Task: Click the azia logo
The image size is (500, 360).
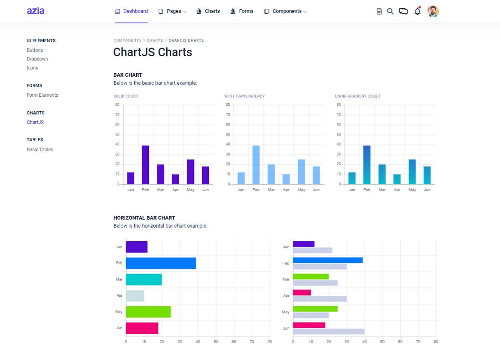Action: point(35,11)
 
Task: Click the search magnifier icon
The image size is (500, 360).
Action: point(390,11)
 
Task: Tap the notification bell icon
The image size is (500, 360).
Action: point(417,11)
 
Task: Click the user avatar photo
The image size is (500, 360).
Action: point(433,11)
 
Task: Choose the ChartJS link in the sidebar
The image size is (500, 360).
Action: point(35,122)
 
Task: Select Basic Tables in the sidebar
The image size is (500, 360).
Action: point(40,150)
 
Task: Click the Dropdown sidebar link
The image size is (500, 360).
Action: point(37,59)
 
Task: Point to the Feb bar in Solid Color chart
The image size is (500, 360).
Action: point(145,165)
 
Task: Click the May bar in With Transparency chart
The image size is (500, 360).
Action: point(301,172)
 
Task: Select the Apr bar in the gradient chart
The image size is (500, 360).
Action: point(397,179)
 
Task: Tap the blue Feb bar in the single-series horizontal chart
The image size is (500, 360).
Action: point(161,263)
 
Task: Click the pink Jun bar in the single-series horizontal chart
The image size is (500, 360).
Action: point(142,328)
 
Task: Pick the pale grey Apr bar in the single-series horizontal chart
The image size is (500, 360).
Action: point(135,296)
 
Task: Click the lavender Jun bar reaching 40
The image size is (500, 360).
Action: point(329,332)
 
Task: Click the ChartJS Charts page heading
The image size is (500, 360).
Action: point(152,52)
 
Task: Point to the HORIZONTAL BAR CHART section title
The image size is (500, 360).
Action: point(144,217)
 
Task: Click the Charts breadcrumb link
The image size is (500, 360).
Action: point(155,40)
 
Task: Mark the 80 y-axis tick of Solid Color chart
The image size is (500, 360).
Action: point(117,105)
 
